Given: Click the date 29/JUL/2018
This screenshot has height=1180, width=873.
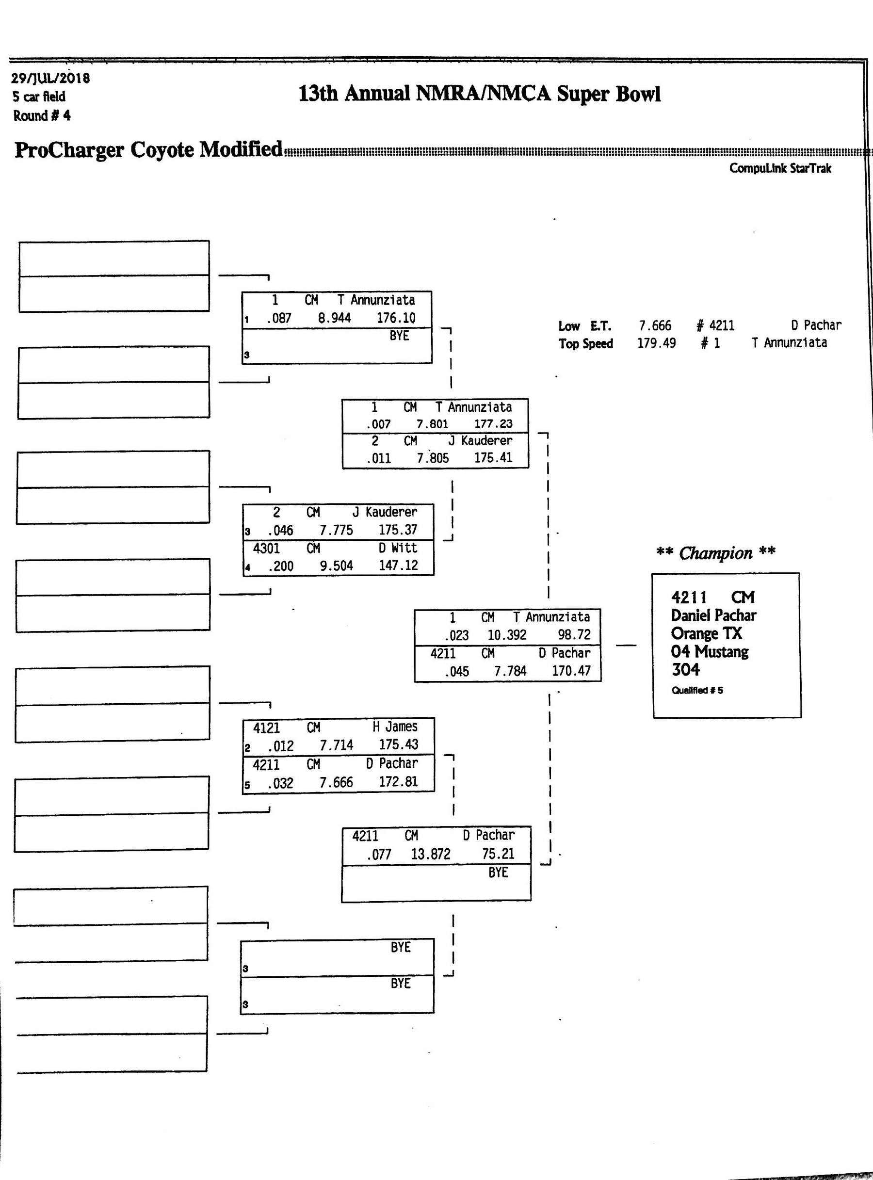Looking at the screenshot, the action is pyautogui.click(x=50, y=78).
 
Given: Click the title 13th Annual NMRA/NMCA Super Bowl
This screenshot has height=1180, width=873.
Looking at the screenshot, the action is pyautogui.click(x=479, y=94).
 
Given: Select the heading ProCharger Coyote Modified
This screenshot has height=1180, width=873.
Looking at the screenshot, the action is pyautogui.click(x=148, y=149).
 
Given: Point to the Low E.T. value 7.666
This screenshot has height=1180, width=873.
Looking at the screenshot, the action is pyautogui.click(x=655, y=325).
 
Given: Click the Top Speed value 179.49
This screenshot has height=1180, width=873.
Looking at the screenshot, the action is pyautogui.click(x=656, y=343).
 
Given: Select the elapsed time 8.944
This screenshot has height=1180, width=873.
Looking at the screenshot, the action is pyautogui.click(x=335, y=318).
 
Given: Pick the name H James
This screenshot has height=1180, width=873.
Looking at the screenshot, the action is pyautogui.click(x=395, y=727).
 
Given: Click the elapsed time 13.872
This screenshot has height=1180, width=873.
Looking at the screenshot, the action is pyautogui.click(x=431, y=854).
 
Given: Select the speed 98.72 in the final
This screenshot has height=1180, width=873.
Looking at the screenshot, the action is pyautogui.click(x=574, y=635).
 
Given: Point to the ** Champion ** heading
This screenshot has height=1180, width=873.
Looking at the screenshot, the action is pyautogui.click(x=715, y=553).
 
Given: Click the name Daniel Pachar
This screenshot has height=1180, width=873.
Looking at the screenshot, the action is pyautogui.click(x=713, y=615).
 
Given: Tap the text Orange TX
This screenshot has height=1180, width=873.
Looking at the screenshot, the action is pyautogui.click(x=707, y=633).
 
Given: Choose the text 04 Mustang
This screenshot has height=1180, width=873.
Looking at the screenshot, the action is pyautogui.click(x=710, y=651).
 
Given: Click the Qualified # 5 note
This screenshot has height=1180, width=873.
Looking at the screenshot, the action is pyautogui.click(x=697, y=690).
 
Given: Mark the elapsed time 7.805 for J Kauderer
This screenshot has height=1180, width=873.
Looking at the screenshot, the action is pyautogui.click(x=433, y=458).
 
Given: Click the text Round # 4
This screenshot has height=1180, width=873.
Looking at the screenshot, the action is pyautogui.click(x=42, y=116).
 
